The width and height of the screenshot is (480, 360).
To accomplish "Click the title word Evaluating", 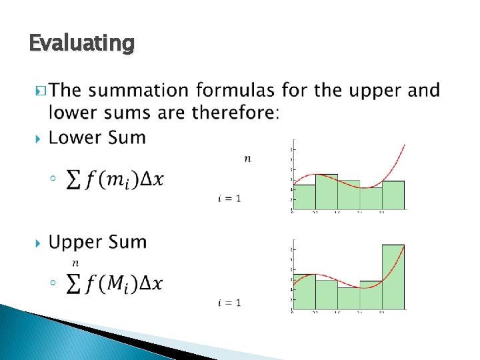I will click(82, 43).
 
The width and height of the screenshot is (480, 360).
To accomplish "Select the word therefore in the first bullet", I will click(232, 113).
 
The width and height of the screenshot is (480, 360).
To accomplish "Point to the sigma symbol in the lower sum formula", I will click(75, 179).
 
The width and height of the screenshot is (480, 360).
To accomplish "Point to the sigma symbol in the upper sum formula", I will click(75, 283).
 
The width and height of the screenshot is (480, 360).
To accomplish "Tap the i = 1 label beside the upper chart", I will click(229, 303).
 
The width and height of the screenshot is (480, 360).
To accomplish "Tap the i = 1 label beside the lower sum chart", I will click(229, 198).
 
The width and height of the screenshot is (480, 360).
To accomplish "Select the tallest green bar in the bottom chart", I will click(393, 277).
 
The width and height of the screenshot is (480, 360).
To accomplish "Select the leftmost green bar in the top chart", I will click(304, 197).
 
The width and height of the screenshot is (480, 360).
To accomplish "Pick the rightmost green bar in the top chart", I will click(393, 195).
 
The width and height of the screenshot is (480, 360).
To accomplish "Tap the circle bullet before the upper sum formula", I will click(53, 283).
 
